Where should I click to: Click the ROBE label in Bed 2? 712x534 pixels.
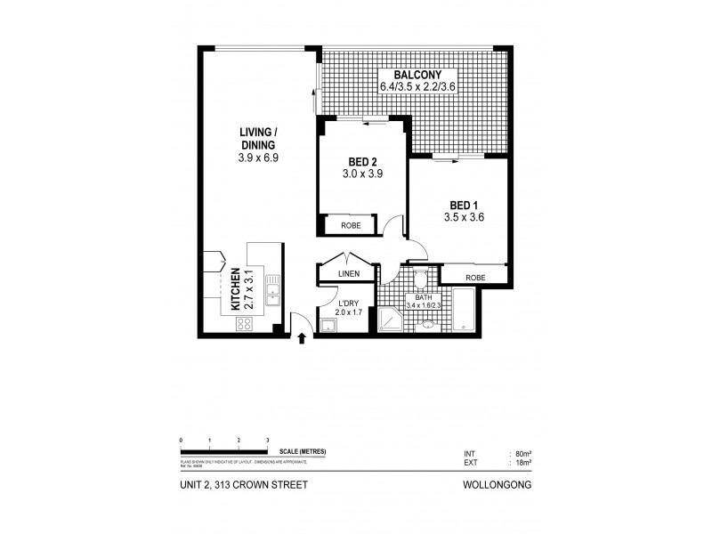pos(351,225)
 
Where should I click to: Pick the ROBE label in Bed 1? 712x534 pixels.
pos(475,276)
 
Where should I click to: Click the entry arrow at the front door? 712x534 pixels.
pos(301,337)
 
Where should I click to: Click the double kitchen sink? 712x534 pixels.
pos(271,287)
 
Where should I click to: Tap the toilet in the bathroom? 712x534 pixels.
pos(425,278)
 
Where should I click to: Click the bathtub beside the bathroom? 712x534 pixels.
pos(464,308)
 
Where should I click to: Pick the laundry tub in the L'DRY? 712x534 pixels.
pos(328,326)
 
